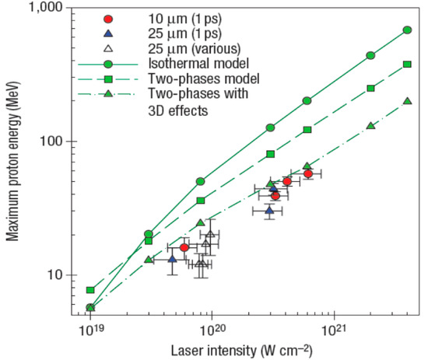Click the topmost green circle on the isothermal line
(407, 30)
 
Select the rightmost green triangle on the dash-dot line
(407, 101)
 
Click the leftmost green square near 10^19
(90, 290)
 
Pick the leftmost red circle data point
(184, 247)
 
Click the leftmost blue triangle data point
(173, 258)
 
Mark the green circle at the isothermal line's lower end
(90, 308)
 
